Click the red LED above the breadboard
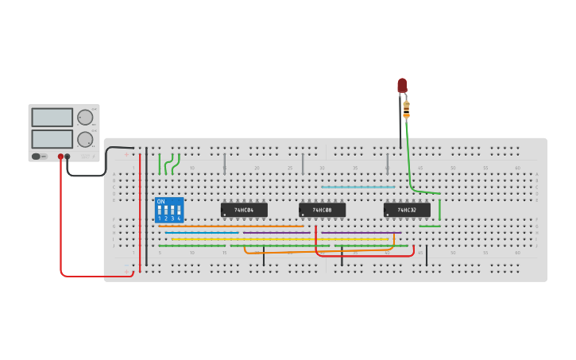402,85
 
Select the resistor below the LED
406,107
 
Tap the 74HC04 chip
244,210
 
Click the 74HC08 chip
322,210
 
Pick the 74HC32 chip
407,210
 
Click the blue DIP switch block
169,210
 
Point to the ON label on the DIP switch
161,202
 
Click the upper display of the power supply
52,118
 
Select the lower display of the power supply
52,139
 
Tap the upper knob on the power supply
85,118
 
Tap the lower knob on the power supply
85,140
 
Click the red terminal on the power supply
60,157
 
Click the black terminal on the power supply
68,157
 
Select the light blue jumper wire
358,187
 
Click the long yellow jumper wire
278,239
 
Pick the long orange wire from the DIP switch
230,226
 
